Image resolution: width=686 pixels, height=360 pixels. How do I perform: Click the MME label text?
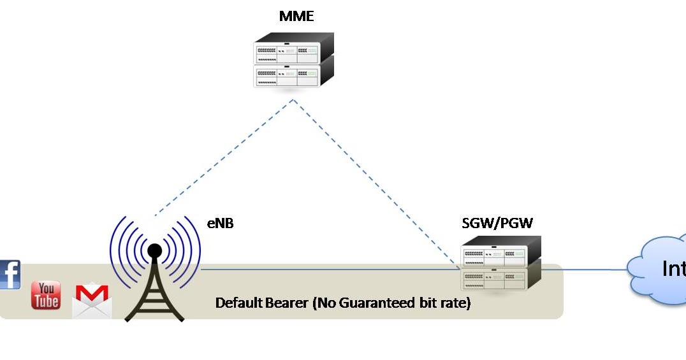tap(296, 16)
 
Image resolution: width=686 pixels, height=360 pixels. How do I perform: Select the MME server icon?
tap(294, 61)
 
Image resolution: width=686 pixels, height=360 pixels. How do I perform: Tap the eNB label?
tap(220, 223)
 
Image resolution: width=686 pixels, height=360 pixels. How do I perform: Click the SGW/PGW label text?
tap(497, 223)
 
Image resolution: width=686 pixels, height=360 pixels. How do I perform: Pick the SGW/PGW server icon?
tap(500, 263)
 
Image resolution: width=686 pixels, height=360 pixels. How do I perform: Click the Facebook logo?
tap(9, 275)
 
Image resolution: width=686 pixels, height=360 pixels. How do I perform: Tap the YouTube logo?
tap(46, 295)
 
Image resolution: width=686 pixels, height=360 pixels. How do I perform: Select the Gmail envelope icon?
tap(92, 301)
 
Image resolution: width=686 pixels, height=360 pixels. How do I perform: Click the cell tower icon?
tap(154, 280)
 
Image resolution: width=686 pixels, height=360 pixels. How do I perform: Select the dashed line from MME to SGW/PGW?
tap(376, 182)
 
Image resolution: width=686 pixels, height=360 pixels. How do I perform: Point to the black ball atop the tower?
tap(154, 251)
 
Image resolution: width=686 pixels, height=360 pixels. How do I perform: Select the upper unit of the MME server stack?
tap(294, 49)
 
